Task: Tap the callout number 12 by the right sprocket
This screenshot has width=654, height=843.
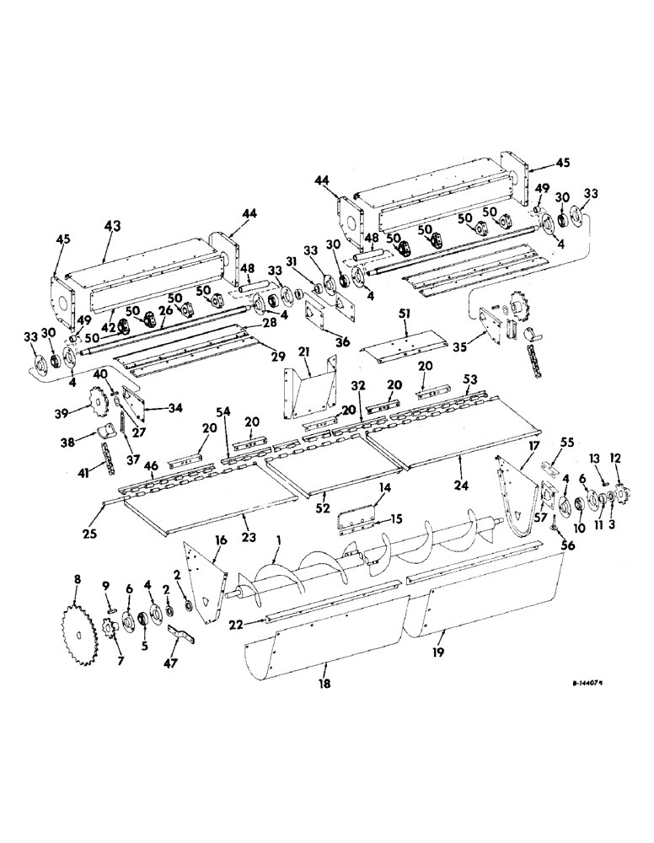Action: (620, 457)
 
